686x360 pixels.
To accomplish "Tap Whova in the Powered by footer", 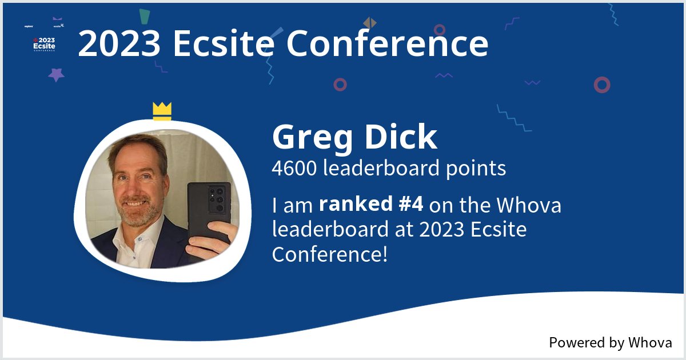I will pos(650,343).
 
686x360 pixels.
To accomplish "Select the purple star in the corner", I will pos(56,74).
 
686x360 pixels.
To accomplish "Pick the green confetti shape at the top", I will pos(145,18).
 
